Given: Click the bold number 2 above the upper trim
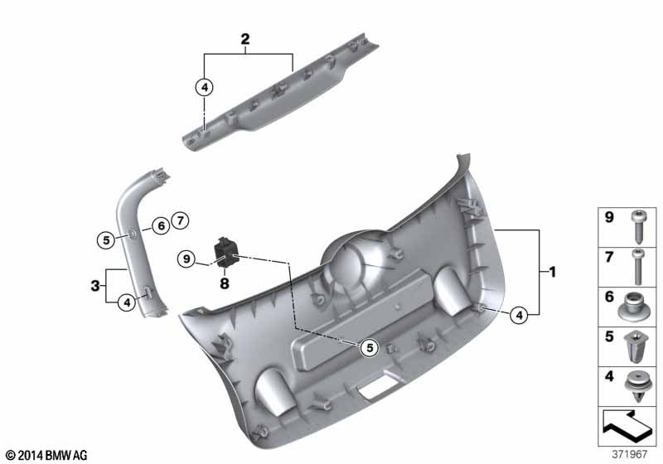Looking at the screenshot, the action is click(245, 39).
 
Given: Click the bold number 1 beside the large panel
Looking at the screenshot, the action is click(552, 272).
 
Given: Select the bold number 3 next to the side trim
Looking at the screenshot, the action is click(95, 286).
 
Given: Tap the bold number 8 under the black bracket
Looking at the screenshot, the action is click(225, 283).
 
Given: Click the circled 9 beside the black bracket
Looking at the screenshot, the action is click(186, 259).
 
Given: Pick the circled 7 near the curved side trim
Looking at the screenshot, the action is click(181, 220).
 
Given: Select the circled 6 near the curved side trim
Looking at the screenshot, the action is click(161, 226).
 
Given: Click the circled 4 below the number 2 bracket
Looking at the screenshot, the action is click(205, 88).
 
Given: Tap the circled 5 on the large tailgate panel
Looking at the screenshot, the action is click(370, 347).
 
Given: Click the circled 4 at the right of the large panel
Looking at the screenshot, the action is click(519, 315).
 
